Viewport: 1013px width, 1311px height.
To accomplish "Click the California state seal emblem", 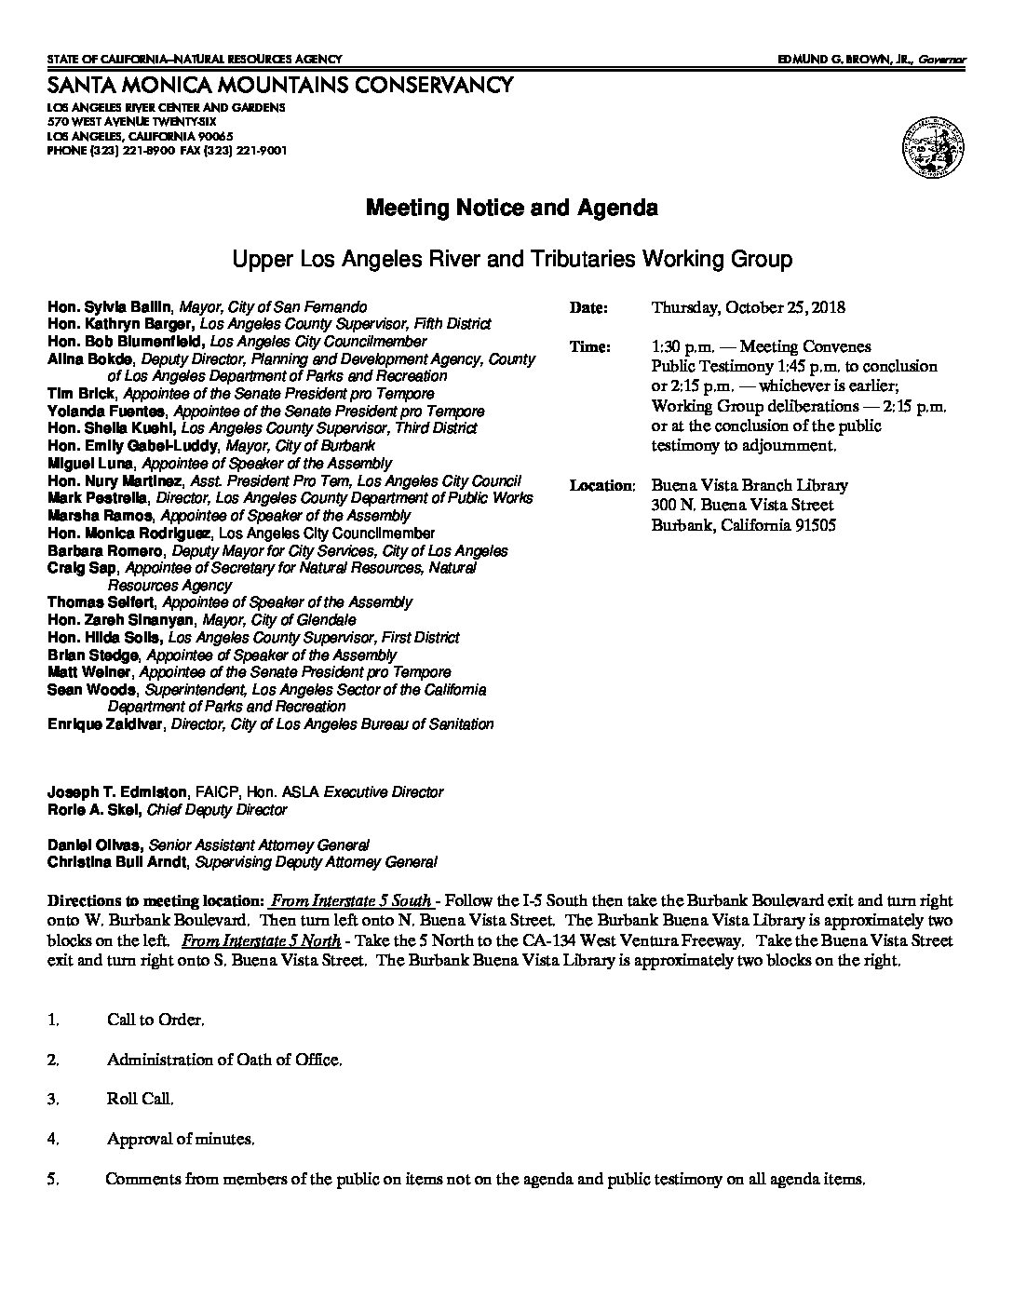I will tap(932, 148).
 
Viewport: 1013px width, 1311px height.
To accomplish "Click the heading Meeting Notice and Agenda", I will tap(511, 208).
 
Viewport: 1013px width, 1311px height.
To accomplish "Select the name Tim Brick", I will tap(81, 394).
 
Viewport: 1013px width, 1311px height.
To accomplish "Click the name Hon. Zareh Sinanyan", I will tap(108, 620).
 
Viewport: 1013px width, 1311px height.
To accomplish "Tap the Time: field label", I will tap(590, 347).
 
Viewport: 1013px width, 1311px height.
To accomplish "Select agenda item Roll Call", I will tap(140, 1100).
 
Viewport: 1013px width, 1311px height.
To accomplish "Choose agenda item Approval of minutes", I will tap(180, 1139).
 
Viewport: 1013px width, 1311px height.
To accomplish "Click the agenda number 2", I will tap(53, 1060).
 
